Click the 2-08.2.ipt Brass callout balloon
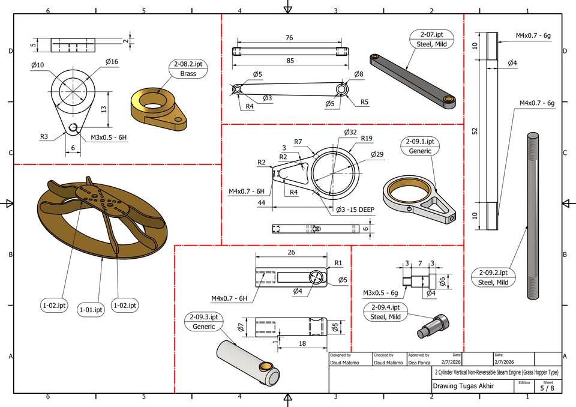click(x=188, y=69)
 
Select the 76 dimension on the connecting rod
click(x=289, y=38)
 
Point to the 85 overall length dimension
click(x=290, y=60)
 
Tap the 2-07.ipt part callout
click(x=431, y=39)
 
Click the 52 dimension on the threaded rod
click(x=475, y=131)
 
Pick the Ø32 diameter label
click(x=350, y=132)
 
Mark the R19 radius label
click(x=367, y=138)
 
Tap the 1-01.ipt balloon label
click(x=91, y=310)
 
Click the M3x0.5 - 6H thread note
click(x=109, y=137)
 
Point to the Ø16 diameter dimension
click(x=112, y=61)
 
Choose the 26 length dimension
click(x=292, y=253)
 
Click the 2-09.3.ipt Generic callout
click(x=201, y=322)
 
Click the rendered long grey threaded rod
click(x=533, y=216)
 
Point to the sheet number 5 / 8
click(x=547, y=388)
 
